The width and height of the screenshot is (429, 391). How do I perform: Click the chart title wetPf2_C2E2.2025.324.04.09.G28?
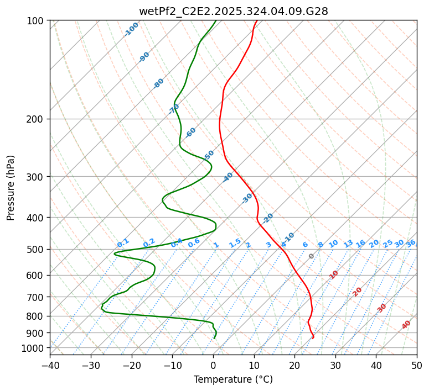pos(233,11)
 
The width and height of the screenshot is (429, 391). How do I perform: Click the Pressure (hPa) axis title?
pos(11,188)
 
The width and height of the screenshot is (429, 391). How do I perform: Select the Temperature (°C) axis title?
pos(233,379)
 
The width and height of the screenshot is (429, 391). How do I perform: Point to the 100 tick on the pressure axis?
pos(37,21)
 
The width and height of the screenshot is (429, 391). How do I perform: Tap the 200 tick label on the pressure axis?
pos(37,119)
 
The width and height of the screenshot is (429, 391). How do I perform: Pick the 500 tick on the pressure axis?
pos(37,250)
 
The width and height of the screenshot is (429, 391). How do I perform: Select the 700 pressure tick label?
pos(37,297)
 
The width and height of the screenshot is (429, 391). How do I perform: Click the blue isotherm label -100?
pos(131,29)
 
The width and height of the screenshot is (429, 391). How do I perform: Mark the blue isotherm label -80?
pos(159,83)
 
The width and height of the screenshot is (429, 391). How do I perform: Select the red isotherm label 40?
pos(406,325)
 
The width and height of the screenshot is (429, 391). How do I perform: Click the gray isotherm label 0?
pos(312,256)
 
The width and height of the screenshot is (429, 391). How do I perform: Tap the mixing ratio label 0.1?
pos(123,243)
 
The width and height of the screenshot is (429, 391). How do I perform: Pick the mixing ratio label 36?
pos(411,243)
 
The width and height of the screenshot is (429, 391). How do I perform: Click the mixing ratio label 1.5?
pos(235,243)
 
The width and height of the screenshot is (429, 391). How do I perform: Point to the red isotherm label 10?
pos(334,274)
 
